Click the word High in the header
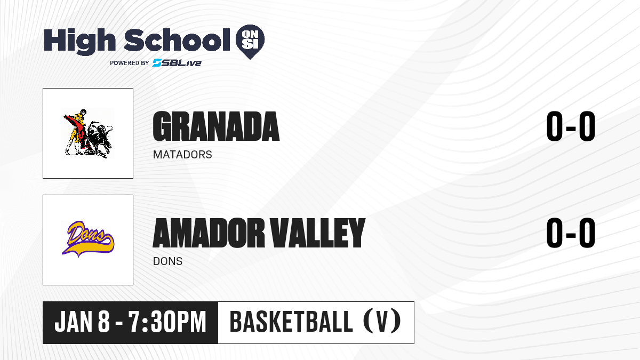[79, 42]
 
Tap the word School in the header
[177, 40]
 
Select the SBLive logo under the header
[177, 62]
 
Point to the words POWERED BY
[130, 63]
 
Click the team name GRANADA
[216, 126]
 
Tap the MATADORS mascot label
[182, 155]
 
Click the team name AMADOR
[209, 233]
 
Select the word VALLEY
[318, 233]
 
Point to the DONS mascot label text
[167, 261]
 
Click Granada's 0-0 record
[571, 126]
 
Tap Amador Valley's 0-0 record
[571, 233]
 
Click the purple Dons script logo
[86, 231]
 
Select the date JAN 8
[82, 322]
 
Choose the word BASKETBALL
[291, 322]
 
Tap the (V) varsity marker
[382, 322]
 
